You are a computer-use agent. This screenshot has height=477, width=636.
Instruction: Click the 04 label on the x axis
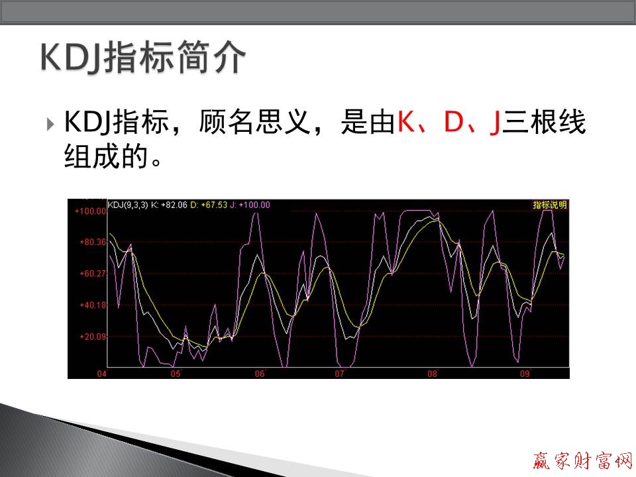[101, 374]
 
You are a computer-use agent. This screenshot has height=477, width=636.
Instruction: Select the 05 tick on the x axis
[176, 374]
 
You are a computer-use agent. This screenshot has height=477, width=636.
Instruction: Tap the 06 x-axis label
[260, 374]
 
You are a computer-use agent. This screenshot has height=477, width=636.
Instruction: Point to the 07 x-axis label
[339, 374]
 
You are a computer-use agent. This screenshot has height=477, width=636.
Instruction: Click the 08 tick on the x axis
[432, 374]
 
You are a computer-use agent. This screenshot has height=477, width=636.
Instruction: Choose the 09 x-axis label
[525, 374]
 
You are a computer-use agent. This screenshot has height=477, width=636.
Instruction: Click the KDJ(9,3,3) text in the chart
[127, 205]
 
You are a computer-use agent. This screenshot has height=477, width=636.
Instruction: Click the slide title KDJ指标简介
[143, 58]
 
